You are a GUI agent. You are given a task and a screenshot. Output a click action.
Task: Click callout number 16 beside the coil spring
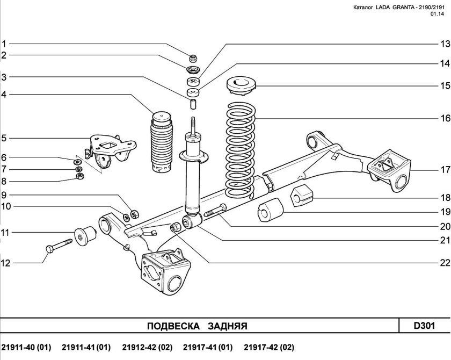coord(445,118)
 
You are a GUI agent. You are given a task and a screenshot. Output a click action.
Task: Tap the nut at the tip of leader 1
coord(192,59)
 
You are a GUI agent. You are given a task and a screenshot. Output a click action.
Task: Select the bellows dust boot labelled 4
coord(162,142)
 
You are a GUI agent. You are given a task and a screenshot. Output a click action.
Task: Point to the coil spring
coord(240,149)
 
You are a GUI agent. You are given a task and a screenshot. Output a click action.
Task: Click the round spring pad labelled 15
coord(241,85)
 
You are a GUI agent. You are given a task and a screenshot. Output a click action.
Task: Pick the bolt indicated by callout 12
coord(59,245)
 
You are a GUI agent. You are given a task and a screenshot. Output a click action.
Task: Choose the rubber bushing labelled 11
coord(85,236)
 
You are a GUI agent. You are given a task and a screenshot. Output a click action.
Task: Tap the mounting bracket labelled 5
coord(111,150)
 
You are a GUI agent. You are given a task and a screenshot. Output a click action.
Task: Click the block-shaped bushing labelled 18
coord(302,197)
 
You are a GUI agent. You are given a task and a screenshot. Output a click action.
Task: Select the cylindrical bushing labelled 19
coord(270,210)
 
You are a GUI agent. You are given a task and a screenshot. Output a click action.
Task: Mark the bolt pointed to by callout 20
coord(215,210)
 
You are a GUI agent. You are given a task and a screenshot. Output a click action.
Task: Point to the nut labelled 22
coord(176,227)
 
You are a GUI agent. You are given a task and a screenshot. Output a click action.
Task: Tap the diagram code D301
coord(424,326)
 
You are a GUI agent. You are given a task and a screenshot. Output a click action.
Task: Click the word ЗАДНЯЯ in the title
coord(228,326)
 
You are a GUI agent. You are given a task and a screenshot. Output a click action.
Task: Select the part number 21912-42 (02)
coord(147,347)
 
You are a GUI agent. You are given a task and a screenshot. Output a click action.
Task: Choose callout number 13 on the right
coord(445,44)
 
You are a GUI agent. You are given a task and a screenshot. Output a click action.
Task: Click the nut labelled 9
coord(135,214)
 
